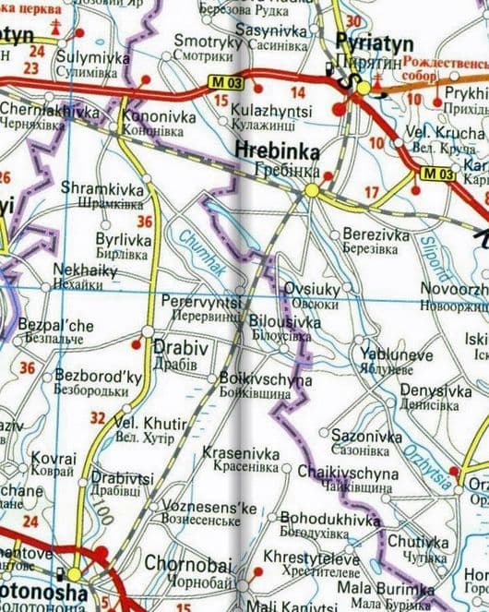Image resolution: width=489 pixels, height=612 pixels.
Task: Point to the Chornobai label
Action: [x=180, y=562]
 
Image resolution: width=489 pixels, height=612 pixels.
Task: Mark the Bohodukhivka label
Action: [x=329, y=520]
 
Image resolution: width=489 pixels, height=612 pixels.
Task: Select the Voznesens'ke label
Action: [x=209, y=507]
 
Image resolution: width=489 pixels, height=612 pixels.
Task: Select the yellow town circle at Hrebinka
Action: [x=312, y=190]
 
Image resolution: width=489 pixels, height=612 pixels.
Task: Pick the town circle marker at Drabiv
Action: [x=148, y=330]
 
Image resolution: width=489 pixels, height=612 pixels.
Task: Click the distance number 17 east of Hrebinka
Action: [x=372, y=193]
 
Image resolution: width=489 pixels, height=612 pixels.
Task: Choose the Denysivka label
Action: [x=435, y=390]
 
